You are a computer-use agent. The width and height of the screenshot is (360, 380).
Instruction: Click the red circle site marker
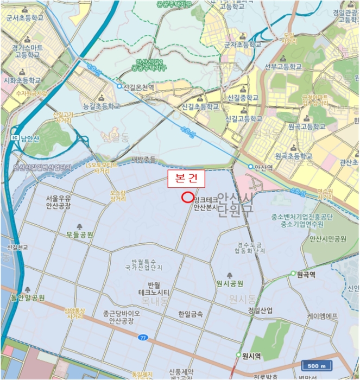[x=187, y=198]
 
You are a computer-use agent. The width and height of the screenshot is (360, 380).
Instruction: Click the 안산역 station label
[x=263, y=166]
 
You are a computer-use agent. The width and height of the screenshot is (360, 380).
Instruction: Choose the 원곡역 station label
[x=306, y=274]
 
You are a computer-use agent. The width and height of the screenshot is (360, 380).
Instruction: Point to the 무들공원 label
[x=80, y=235]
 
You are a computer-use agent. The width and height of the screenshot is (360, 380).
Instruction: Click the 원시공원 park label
[x=230, y=283]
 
